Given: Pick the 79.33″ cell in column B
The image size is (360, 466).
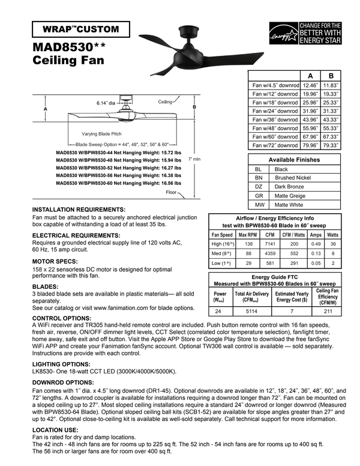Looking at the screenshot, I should coord(331,145).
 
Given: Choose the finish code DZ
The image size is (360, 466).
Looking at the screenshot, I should coord(259,187).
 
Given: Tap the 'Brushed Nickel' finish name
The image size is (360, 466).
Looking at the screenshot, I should coord(292,178).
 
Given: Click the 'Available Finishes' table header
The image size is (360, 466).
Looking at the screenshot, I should coord(294,160).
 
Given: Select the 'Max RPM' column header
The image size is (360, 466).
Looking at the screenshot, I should coord(248,235).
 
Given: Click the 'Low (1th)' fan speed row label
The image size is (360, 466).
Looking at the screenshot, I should coord(223,263).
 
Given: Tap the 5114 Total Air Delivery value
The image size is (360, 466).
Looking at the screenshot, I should coord(251,312).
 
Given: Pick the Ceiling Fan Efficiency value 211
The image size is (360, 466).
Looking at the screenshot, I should coord(328,312).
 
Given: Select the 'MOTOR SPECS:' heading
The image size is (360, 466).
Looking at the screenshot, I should coord(55,262).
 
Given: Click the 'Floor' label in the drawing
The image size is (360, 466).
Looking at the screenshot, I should coord(172,192).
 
